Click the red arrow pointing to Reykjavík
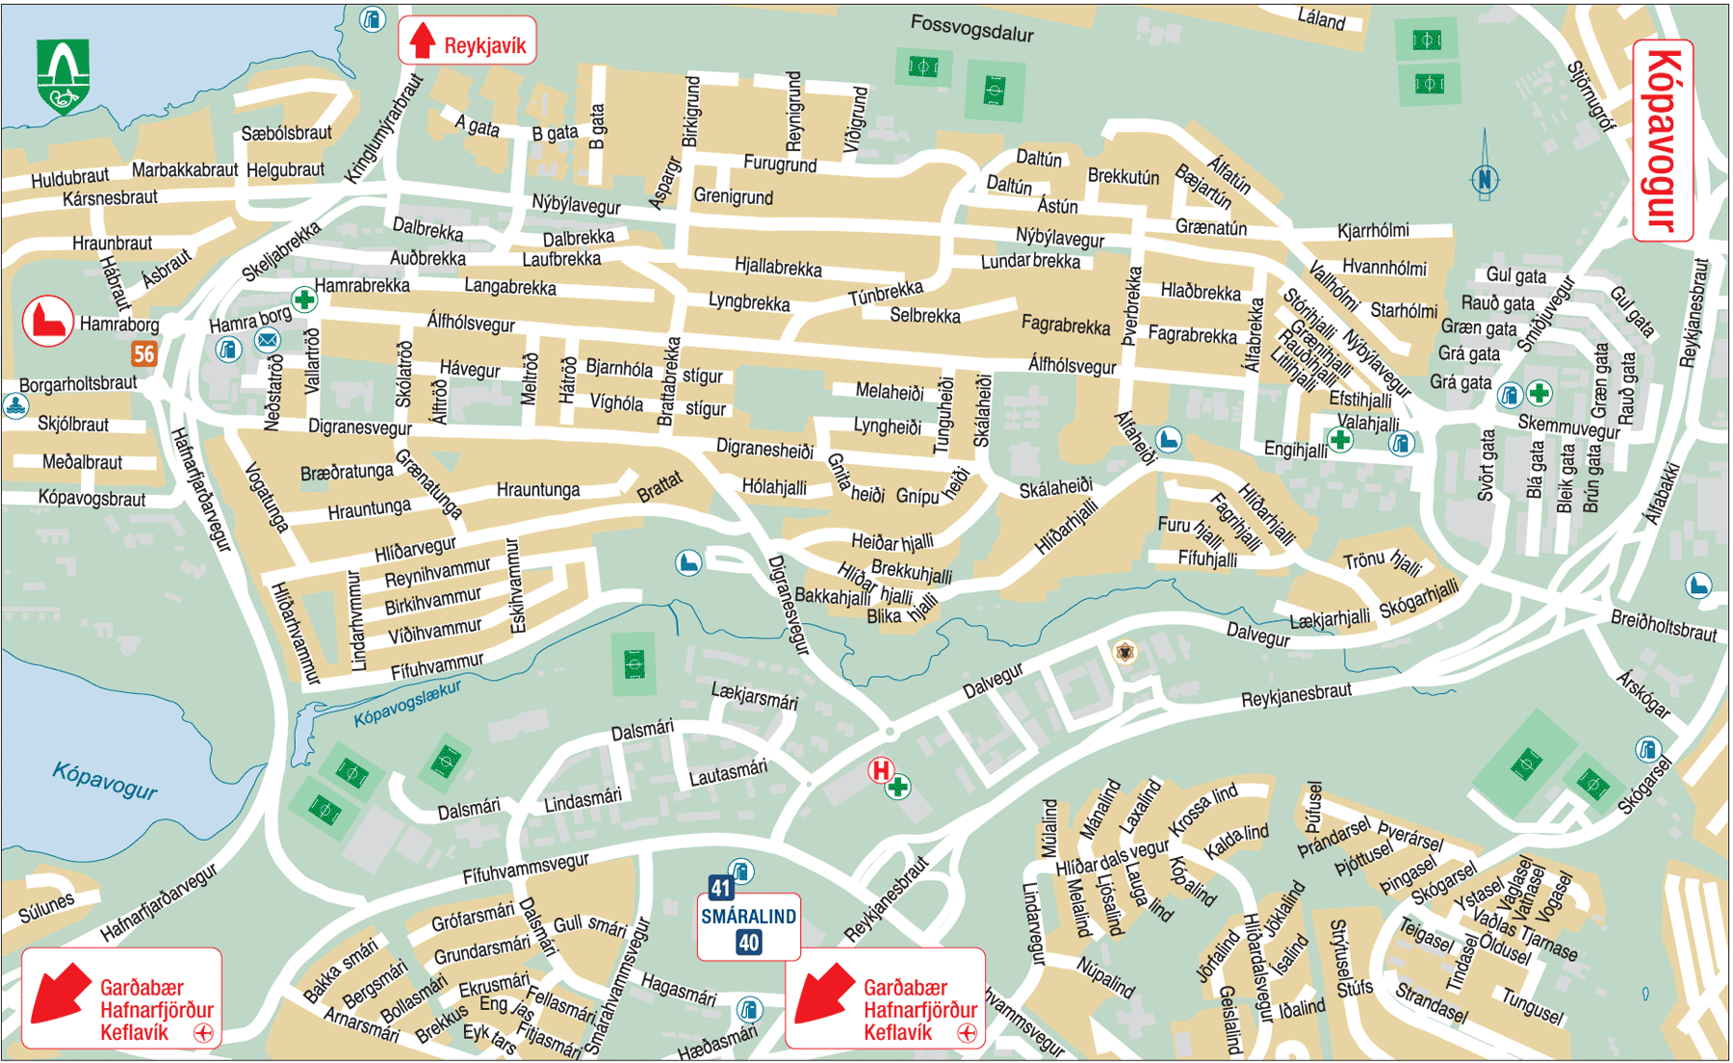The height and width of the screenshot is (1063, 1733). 423,40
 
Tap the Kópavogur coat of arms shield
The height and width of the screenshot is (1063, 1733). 63,75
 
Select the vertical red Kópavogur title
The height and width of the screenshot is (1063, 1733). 1663,141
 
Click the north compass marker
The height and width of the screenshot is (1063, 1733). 1485,178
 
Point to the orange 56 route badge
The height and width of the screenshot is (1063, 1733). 143,353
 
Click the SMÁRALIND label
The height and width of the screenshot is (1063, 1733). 748,916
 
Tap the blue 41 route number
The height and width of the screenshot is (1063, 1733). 720,887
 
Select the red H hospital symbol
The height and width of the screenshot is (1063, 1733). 881,769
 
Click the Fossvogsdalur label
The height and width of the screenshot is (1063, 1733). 971,28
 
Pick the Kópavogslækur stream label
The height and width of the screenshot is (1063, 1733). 406,704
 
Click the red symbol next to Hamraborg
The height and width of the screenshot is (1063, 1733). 47,321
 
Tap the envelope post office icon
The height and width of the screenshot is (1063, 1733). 268,339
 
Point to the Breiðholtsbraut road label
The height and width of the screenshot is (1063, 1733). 1663,626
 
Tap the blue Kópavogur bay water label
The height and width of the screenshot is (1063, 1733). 104,780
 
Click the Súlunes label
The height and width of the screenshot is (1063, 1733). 46,906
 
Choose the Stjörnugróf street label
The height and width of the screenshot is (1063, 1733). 1591,96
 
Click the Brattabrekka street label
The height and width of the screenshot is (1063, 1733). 667,381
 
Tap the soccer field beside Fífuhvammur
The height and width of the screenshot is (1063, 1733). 634,663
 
